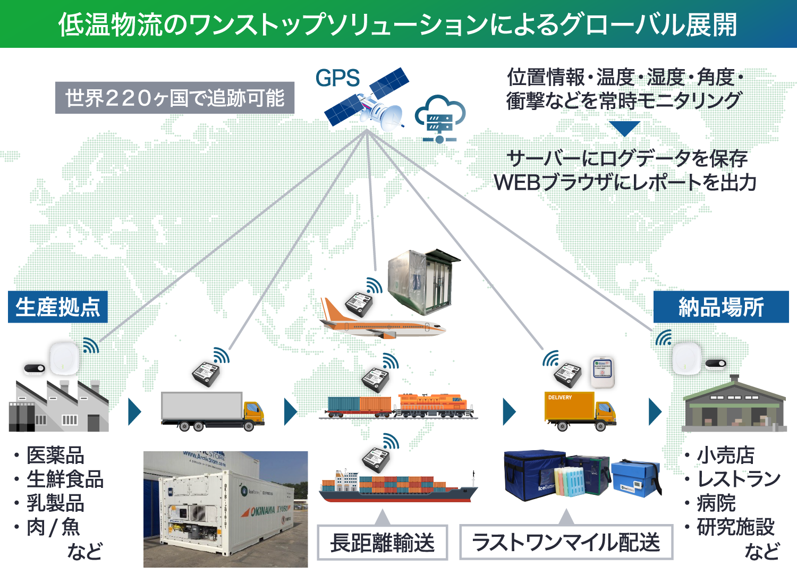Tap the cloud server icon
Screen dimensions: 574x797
pos(439,119)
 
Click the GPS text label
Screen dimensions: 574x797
pos(337,78)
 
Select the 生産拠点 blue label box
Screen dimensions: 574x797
pos(58,307)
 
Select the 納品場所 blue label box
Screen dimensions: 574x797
pos(720,307)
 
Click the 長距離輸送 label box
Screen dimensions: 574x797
pos(382,543)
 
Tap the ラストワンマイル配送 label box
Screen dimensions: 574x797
pos(566,543)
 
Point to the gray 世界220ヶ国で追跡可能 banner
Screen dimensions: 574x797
pos(175,98)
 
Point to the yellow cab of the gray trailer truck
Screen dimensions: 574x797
pos(253,412)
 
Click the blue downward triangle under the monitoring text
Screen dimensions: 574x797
pos(624,128)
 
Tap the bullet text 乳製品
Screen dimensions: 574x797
pos(55,503)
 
